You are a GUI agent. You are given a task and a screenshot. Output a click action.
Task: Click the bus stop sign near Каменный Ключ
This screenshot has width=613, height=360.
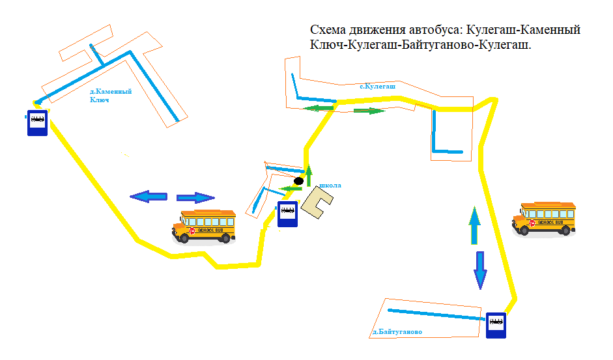37,122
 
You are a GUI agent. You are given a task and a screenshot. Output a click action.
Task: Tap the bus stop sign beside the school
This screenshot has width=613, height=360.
287,214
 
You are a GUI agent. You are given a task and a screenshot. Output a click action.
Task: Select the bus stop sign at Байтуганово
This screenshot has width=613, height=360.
496,325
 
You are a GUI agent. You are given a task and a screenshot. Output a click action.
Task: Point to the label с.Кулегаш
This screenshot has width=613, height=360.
378,86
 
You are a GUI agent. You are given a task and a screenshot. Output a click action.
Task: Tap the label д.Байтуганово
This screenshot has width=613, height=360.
397,332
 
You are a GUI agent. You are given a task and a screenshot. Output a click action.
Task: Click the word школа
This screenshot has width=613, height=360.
331,186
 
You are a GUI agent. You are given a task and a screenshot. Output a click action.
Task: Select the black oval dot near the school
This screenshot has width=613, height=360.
298,180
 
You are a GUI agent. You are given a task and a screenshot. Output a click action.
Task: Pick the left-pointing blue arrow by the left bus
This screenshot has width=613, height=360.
148,197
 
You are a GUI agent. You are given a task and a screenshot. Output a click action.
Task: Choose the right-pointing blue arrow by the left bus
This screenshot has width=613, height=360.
195,198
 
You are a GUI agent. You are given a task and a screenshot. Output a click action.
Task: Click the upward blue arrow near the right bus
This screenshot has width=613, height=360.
475,225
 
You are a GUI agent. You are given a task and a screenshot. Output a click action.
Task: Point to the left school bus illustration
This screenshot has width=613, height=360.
204,226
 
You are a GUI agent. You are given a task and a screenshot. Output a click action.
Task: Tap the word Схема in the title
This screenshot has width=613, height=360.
328,31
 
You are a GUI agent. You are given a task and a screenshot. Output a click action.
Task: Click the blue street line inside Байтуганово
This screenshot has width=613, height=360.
436,314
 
